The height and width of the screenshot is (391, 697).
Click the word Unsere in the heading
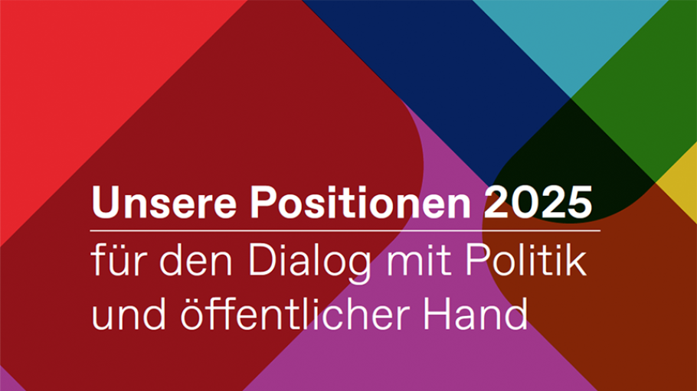click(164, 202)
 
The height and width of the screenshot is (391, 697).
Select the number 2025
click(538, 202)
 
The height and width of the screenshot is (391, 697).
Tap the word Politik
click(525, 260)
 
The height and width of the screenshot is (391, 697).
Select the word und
click(129, 314)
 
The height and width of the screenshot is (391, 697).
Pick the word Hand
click(475, 314)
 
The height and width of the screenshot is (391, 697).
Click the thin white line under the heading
click(345, 230)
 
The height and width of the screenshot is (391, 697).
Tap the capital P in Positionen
click(263, 203)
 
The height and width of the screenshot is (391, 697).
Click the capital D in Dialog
click(263, 260)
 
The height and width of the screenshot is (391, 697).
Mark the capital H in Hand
click(437, 314)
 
